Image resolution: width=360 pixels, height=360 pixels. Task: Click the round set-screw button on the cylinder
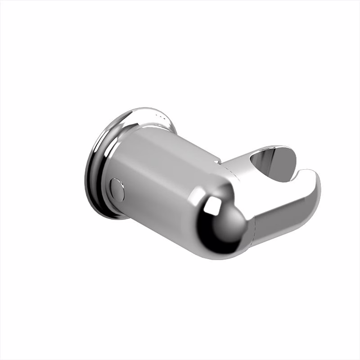click(x=117, y=189)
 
